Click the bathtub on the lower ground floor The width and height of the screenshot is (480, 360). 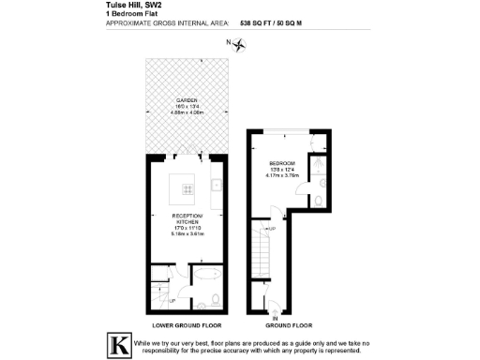(x=202, y=279)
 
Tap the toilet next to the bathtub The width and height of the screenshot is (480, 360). (x=215, y=300)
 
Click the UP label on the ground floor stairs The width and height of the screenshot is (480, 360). (x=272, y=229)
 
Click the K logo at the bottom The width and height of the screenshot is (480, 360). (x=119, y=343)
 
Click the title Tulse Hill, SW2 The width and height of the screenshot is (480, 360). (x=121, y=5)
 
